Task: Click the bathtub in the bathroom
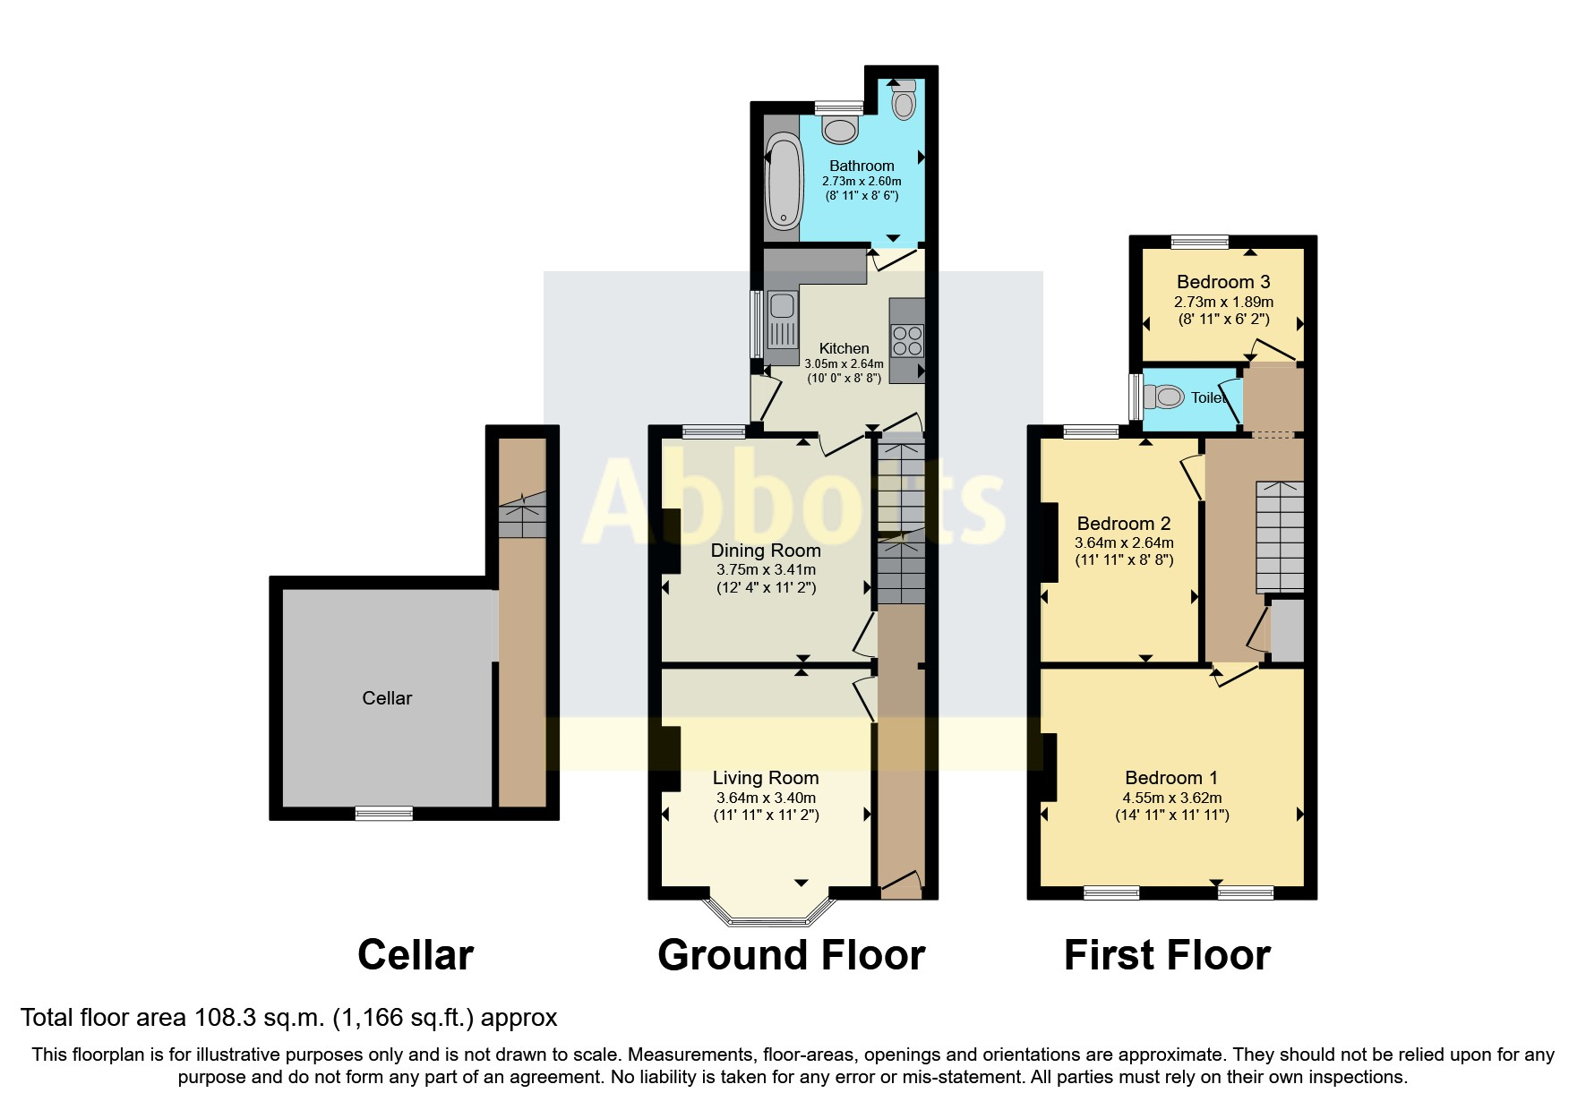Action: click(784, 180)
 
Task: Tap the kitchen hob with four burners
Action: click(907, 341)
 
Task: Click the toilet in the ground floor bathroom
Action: click(904, 100)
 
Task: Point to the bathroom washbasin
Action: click(840, 130)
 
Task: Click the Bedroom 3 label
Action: click(1222, 282)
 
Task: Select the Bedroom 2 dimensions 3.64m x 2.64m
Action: click(1123, 542)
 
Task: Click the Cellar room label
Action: click(387, 698)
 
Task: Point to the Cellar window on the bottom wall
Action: click(384, 813)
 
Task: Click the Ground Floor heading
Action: click(791, 955)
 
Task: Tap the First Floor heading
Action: click(1166, 955)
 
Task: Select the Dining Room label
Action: click(765, 551)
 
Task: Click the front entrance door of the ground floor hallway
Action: click(901, 885)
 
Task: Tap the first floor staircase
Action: click(1280, 535)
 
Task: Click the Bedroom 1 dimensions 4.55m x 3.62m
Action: click(1171, 798)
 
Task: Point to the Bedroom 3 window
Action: click(1200, 241)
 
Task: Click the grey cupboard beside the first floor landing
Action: click(1287, 631)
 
